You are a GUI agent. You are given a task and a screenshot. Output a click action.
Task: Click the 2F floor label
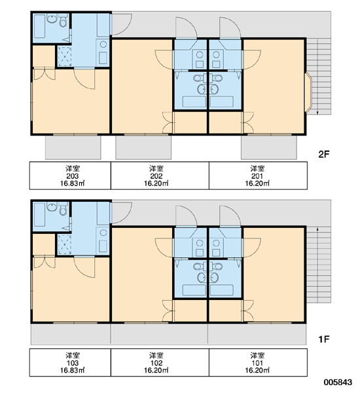click(x=323, y=154)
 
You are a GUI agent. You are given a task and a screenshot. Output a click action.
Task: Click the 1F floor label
click(x=323, y=339)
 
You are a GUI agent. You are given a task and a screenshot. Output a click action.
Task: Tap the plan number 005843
click(x=338, y=383)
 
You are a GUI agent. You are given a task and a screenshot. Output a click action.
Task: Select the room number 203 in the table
click(x=73, y=176)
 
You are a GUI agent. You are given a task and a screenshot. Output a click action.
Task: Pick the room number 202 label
click(x=156, y=176)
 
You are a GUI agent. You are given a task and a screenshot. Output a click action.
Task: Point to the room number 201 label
click(x=257, y=176)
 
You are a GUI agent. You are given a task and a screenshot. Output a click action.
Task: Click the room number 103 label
click(x=73, y=363)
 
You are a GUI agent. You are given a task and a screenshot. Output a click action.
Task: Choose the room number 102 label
click(x=156, y=363)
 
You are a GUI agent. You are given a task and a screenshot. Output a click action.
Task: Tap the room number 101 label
click(x=257, y=363)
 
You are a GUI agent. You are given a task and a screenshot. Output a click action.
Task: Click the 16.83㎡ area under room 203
click(x=73, y=183)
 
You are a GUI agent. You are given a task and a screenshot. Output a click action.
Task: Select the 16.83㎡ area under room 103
click(x=73, y=371)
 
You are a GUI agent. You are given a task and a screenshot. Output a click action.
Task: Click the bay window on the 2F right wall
click(x=308, y=92)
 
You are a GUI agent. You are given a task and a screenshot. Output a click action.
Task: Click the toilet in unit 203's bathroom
click(x=63, y=20)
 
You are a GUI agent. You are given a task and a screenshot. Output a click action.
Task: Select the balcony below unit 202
click(x=143, y=147)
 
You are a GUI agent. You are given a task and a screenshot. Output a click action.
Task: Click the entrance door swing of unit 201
click(x=230, y=28)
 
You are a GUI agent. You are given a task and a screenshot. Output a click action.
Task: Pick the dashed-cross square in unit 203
click(x=65, y=56)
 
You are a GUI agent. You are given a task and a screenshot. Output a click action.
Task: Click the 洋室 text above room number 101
click(x=257, y=356)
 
